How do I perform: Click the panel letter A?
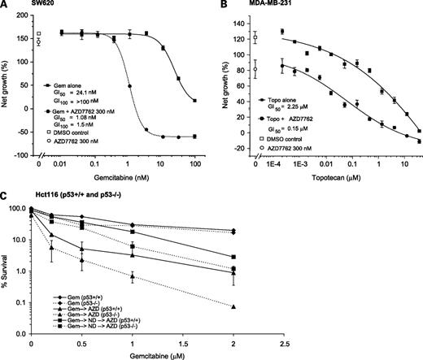point(5,6)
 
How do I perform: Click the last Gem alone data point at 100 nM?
point(195,100)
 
